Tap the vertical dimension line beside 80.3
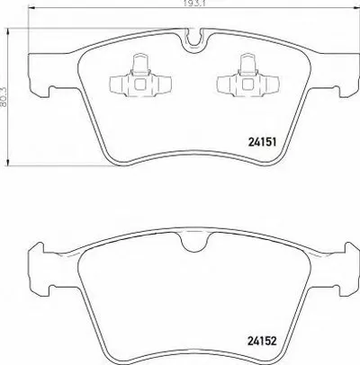point(13,117)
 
